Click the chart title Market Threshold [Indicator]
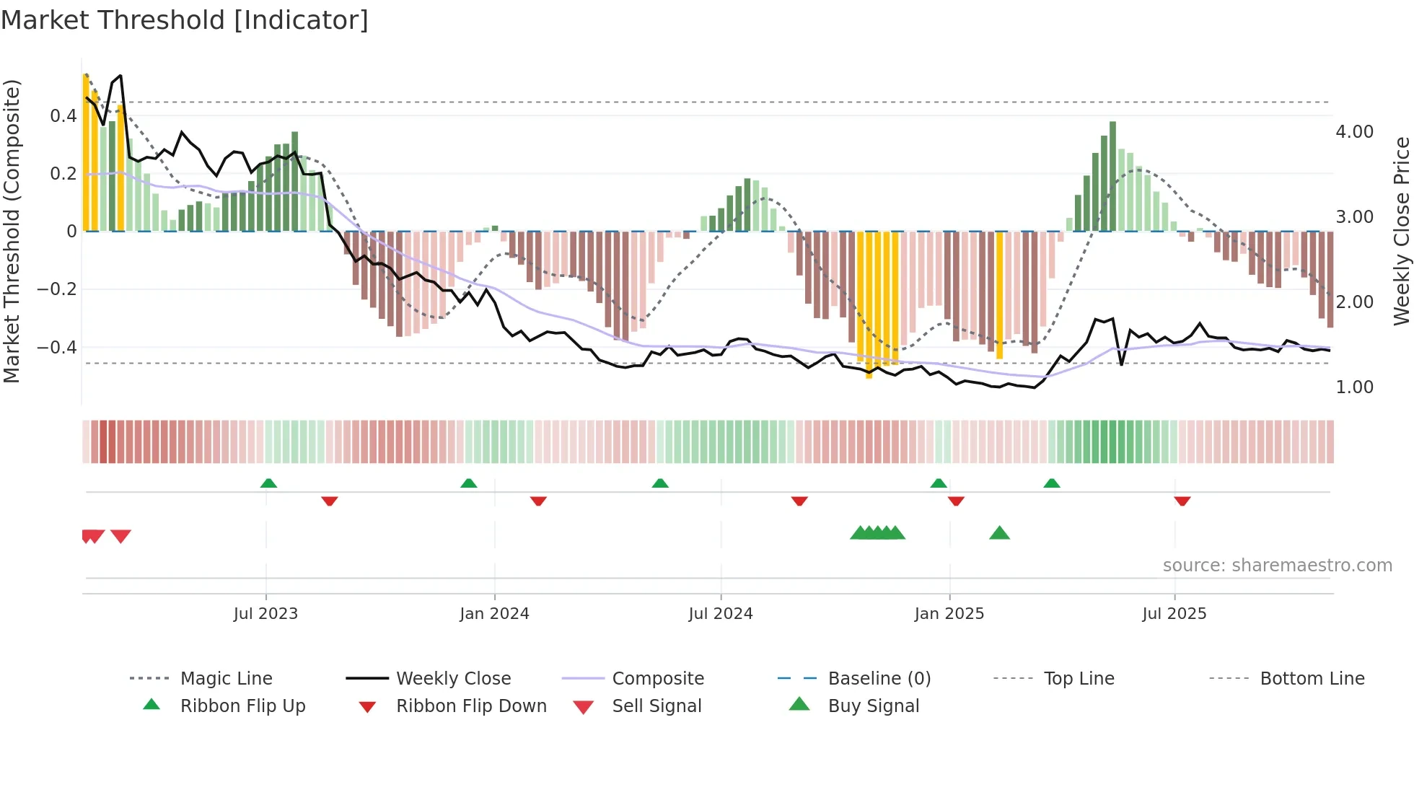point(185,20)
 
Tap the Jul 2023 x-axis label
point(265,614)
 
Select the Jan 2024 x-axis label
point(494,614)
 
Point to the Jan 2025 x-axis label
point(949,614)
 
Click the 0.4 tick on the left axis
point(63,116)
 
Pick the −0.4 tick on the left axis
point(57,348)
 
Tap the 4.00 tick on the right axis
point(1354,132)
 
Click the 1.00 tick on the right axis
point(1354,387)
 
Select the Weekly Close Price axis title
point(1401,231)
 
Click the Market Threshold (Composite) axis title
point(12,231)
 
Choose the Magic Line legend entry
point(226,679)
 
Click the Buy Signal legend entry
point(873,706)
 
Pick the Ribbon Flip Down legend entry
point(470,706)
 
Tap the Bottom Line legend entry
point(1312,679)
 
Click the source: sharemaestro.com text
point(1277,566)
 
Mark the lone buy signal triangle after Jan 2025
point(999,533)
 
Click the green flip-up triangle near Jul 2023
point(268,483)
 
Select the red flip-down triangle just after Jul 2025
point(1182,501)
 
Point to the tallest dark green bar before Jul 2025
point(1112,177)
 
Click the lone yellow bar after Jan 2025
point(999,296)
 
